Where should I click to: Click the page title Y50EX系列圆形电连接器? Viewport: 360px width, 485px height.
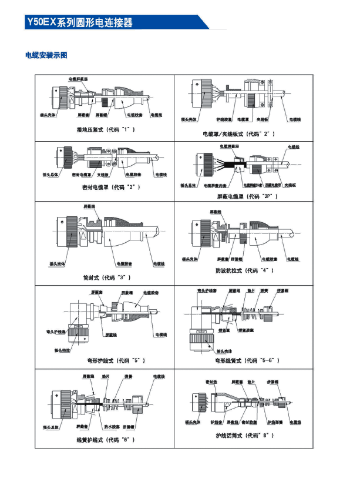click(79, 23)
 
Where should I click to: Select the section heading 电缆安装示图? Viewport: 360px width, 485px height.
click(46, 55)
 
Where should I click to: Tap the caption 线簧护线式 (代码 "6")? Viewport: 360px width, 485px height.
click(106, 439)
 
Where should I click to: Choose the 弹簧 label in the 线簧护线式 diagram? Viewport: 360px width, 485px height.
click(128, 376)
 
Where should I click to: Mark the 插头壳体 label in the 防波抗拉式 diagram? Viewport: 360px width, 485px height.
click(192, 259)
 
